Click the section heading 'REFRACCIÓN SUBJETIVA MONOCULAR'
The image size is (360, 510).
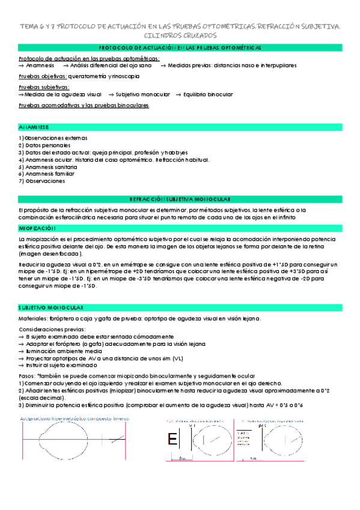[x=180, y=198]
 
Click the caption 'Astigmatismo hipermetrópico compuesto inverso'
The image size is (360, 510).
[x=78, y=419]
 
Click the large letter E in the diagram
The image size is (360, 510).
[x=173, y=440]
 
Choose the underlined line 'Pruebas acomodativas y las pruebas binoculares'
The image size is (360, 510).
[x=84, y=105]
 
